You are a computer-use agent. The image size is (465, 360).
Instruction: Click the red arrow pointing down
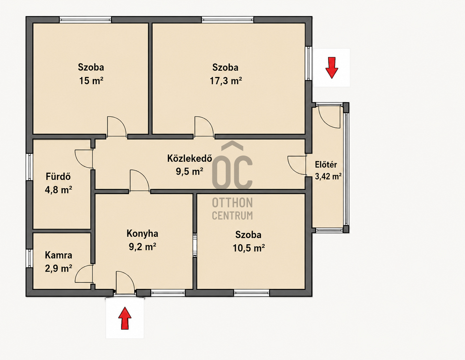coord(332,67)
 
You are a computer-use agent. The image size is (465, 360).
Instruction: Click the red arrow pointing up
coord(125,318)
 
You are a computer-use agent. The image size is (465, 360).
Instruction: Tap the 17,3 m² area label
coord(226,81)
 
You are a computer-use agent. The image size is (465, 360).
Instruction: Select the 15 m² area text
coord(91,81)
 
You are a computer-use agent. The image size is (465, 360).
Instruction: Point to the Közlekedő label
coord(190,158)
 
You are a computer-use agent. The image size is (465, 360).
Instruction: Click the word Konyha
coord(142,234)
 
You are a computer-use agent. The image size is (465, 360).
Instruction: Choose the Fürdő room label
coord(58,177)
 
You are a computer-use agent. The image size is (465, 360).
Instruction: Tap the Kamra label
coord(58,255)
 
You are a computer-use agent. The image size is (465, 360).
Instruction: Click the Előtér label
coord(326,165)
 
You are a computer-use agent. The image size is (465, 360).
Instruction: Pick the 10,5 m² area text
coord(249,248)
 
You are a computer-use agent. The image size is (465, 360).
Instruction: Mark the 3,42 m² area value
coord(328,176)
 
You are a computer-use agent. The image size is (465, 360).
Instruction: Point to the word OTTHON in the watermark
coord(232,202)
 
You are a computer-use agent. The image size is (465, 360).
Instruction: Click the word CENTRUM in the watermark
coord(232,215)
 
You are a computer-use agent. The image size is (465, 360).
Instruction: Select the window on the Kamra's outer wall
coord(29,258)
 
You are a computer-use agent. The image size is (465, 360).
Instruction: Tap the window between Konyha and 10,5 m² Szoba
coord(195,245)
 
